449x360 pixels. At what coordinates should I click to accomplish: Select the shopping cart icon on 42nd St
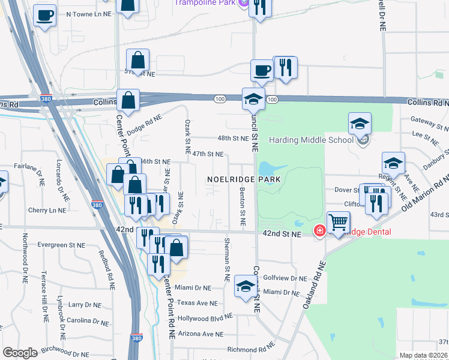(339, 223)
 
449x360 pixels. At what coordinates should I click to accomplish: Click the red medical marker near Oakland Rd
(320, 230)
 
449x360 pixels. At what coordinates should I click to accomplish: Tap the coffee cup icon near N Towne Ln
(44, 16)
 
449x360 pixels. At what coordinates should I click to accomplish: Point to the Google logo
(20, 353)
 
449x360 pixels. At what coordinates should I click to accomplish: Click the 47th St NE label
(208, 154)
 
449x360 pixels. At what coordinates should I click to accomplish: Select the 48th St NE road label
(233, 138)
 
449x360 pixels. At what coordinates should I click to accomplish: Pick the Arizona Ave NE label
(200, 334)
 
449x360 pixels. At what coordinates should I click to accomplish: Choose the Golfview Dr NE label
(285, 278)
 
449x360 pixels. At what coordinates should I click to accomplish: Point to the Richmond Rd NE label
(251, 349)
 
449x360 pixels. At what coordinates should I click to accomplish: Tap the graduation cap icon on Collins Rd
(253, 100)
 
